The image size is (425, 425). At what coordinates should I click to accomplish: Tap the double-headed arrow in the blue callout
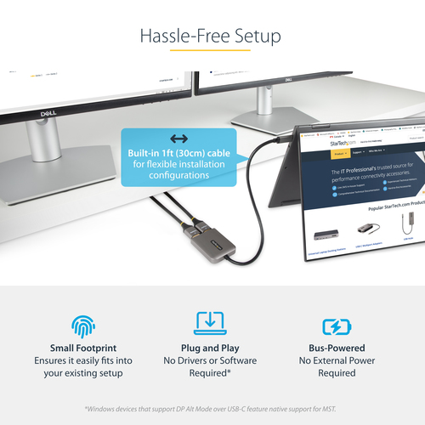pyautogui.click(x=178, y=139)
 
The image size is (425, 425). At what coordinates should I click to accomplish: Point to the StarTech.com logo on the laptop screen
pyautogui.click(x=343, y=145)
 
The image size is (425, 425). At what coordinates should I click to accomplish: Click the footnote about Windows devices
pyautogui.click(x=212, y=406)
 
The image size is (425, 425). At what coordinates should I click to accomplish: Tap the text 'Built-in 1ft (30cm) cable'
pyautogui.click(x=178, y=152)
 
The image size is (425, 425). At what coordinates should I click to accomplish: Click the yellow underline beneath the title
pyautogui.click(x=212, y=51)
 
